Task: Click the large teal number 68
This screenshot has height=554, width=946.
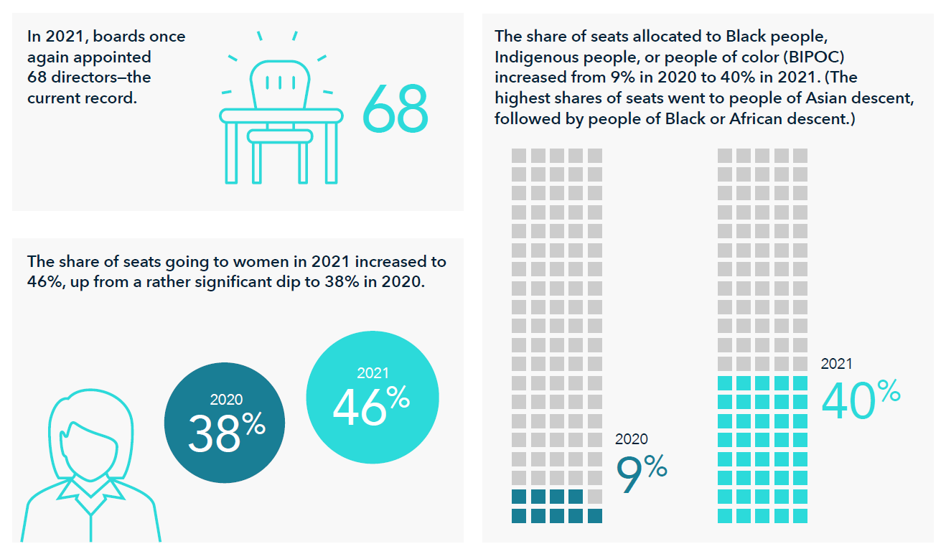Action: tap(395, 110)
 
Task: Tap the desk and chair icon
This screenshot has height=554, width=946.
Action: tap(281, 115)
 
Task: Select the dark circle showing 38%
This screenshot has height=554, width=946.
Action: tap(225, 423)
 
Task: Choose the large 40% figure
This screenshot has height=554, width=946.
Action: tap(860, 399)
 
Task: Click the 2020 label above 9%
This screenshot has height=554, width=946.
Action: tap(631, 439)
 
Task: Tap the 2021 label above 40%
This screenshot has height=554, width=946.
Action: tap(836, 364)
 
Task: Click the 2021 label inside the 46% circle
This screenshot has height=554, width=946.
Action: tap(373, 373)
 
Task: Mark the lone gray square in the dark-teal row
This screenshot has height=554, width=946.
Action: tap(594, 497)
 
